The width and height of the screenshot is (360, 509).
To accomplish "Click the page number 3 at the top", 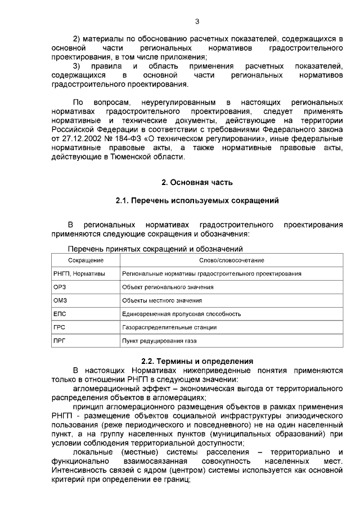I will (x=197, y=22).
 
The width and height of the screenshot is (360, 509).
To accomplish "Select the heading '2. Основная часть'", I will (x=197, y=182).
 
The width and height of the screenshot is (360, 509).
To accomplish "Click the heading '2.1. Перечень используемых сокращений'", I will (x=197, y=200).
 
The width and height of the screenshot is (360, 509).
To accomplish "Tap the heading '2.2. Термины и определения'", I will (x=197, y=361).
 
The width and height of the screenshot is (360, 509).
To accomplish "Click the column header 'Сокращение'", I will (x=85, y=260).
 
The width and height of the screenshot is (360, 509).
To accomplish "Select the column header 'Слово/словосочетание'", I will (x=232, y=260).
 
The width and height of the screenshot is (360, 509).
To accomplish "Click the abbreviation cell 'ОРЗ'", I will (x=60, y=287).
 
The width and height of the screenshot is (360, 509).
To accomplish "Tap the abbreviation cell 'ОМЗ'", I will (x=60, y=300).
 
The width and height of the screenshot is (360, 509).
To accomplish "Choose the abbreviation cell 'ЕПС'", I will (x=60, y=314).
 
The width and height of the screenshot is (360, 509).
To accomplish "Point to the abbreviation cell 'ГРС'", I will (x=60, y=327).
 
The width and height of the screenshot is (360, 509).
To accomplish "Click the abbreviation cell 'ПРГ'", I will (x=60, y=341).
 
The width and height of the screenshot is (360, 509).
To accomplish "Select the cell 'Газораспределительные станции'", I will (x=169, y=327).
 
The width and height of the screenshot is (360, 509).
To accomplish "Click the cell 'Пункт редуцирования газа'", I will (x=160, y=341).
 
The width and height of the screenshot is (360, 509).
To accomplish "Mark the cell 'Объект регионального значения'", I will (x=168, y=287).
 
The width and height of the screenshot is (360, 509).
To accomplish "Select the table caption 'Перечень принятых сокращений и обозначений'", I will (x=155, y=249).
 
